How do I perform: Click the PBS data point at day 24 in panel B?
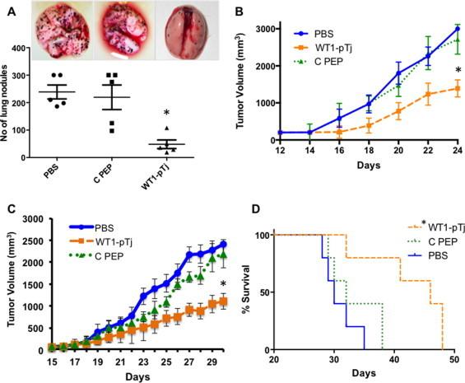tap(456, 29)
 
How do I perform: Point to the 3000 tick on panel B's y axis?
tap(276, 29)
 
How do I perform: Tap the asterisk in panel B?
tap(457, 70)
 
